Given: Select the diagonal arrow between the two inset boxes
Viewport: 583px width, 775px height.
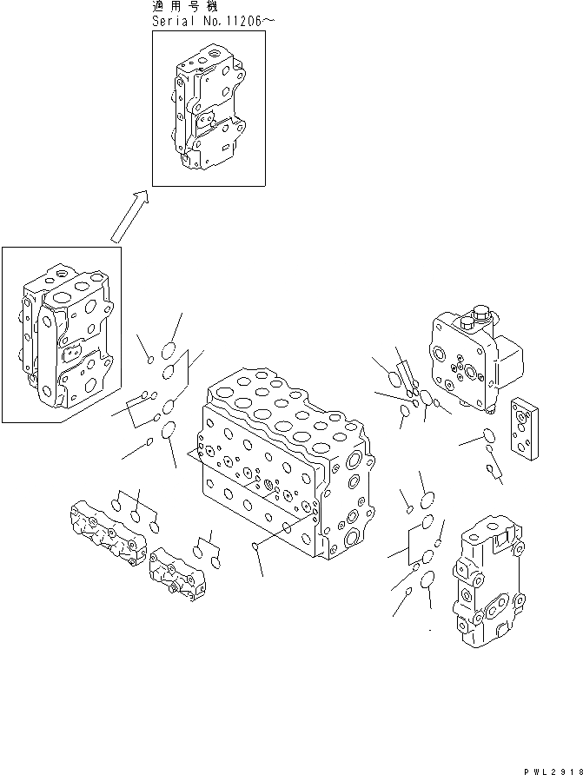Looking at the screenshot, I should (129, 216).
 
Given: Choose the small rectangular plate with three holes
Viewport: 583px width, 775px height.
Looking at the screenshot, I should (527, 430).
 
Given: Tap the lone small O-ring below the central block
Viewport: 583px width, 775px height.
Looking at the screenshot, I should (253, 546).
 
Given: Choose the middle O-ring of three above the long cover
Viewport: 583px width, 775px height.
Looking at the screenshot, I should (136, 514).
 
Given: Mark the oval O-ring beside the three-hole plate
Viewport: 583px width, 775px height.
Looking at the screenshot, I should (488, 435).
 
